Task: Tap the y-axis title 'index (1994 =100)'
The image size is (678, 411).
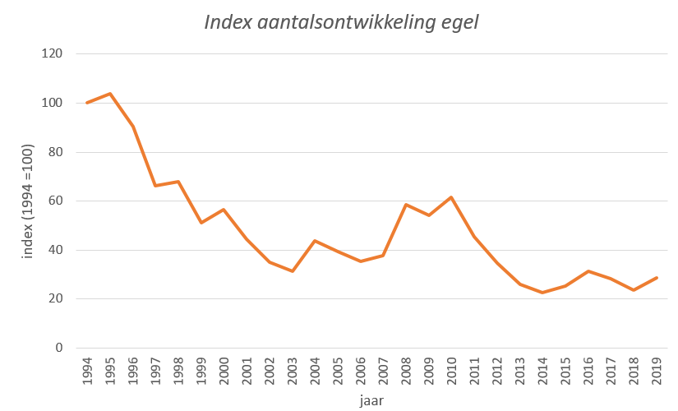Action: pyautogui.click(x=28, y=201)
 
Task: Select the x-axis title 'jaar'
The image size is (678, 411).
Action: pyautogui.click(x=371, y=400)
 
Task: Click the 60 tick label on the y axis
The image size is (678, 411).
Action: pyautogui.click(x=56, y=201)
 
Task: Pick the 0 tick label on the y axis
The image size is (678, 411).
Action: pyautogui.click(x=59, y=348)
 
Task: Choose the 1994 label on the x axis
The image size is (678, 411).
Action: pyautogui.click(x=87, y=370)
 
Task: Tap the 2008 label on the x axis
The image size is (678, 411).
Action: pyautogui.click(x=406, y=370)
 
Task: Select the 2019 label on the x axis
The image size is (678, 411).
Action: pyautogui.click(x=657, y=370)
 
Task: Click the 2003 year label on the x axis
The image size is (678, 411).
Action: pyautogui.click(x=292, y=370)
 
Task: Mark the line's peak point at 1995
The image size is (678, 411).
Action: pyautogui.click(x=109, y=94)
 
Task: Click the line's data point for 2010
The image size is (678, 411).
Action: pyautogui.click(x=451, y=197)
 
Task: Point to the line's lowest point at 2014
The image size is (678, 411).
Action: pyautogui.click(x=542, y=293)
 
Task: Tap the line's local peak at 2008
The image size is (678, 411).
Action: pyautogui.click(x=406, y=205)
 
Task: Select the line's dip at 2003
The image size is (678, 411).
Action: pyautogui.click(x=292, y=271)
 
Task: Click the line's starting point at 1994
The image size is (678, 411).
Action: pyautogui.click(x=87, y=103)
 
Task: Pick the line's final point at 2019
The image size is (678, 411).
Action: pyautogui.click(x=657, y=278)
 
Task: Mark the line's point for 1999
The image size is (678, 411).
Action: pyautogui.click(x=201, y=223)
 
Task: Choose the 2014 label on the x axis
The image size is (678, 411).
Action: pyautogui.click(x=542, y=370)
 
